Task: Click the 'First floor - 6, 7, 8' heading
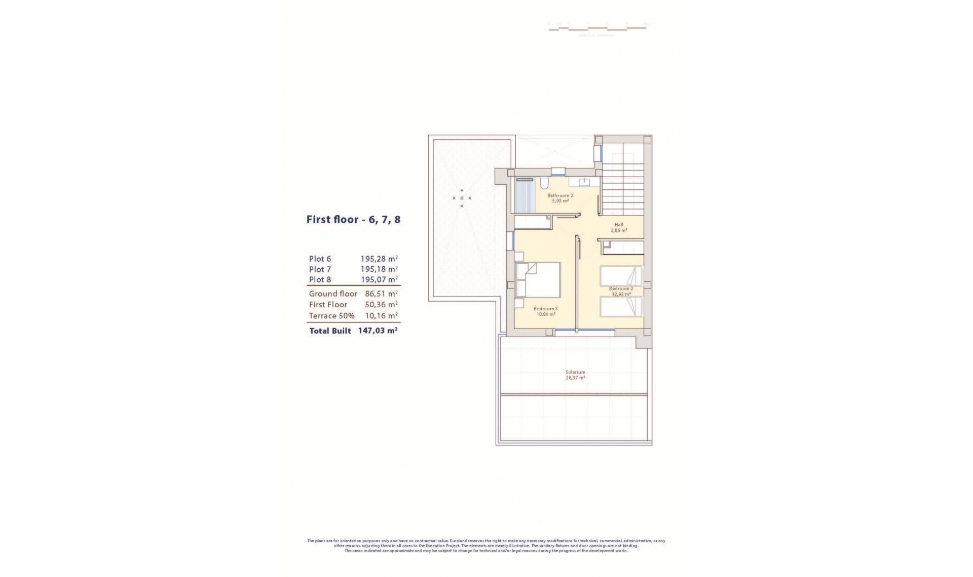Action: [x=353, y=220]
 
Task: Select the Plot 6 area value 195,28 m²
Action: [x=379, y=259]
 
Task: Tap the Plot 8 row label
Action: [x=320, y=280]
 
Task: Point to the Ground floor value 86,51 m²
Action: [x=381, y=294]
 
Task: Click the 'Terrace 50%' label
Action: [x=331, y=316]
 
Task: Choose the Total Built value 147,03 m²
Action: [x=378, y=331]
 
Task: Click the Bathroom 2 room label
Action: [x=560, y=195]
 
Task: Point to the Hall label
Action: [x=619, y=225]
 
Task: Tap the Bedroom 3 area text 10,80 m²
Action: [x=546, y=314]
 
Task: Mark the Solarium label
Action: [x=575, y=372]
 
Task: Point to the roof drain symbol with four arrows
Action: [x=462, y=198]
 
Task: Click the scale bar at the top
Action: [x=597, y=28]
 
